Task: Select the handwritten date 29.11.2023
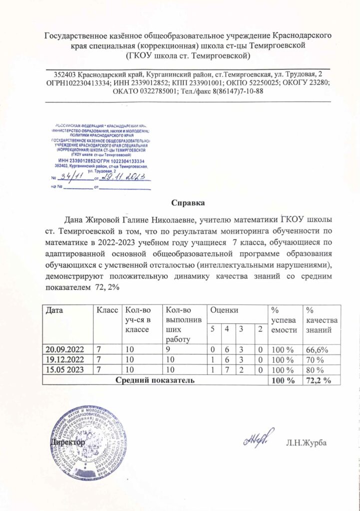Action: click(123, 177)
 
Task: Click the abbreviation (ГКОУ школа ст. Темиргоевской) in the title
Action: click(188, 55)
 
